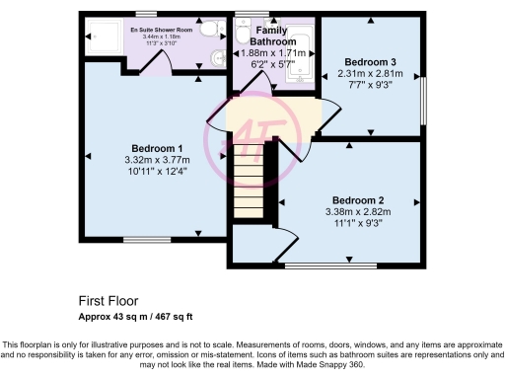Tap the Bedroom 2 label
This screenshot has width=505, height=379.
357,199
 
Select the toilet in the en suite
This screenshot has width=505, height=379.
209,31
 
